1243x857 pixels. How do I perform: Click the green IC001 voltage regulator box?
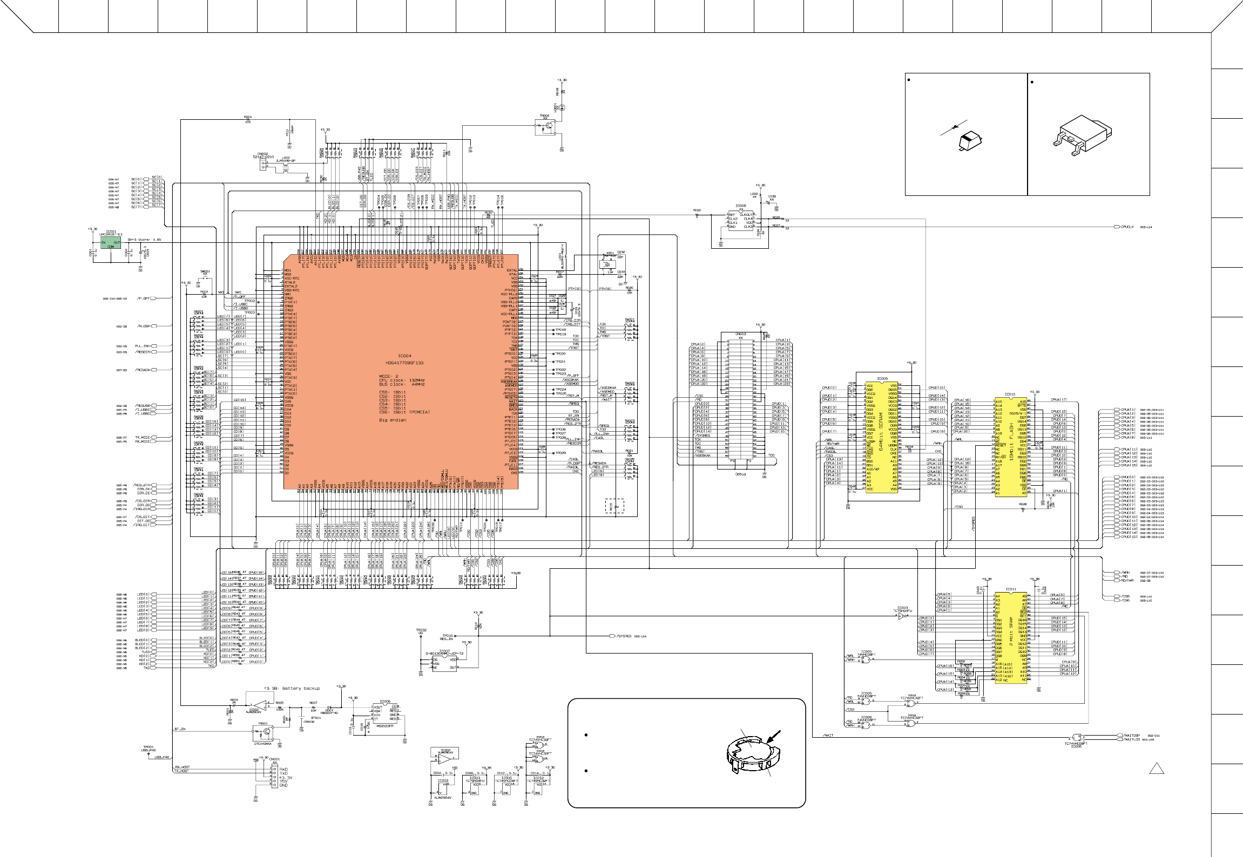[x=110, y=244]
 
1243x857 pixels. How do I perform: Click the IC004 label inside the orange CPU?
[x=404, y=356]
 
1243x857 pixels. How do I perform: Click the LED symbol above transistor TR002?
[x=562, y=107]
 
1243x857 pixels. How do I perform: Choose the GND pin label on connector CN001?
[x=283, y=785]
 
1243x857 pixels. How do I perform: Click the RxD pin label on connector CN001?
[x=283, y=769]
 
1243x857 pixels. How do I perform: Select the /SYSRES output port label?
[x=623, y=636]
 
